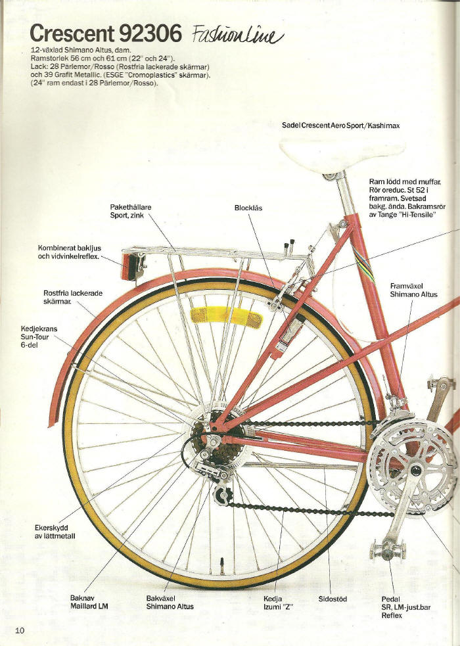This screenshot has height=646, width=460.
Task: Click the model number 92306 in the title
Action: pos(150,34)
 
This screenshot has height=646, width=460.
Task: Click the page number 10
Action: pos(20,630)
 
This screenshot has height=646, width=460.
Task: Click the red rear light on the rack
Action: pos(129,266)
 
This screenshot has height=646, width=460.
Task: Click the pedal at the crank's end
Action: pos(388,551)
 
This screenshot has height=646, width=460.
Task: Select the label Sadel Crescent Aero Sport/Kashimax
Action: pos(340,126)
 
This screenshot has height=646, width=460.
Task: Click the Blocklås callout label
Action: pos(248,208)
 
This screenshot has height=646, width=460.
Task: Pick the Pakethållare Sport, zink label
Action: pos(131,212)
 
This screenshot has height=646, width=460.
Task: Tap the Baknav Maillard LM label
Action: pos(89,603)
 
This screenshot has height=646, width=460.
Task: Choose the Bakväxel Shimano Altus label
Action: pos(170,603)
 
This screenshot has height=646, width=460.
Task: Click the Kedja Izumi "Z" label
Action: pos(278,603)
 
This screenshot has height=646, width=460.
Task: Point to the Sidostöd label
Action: pos(333,599)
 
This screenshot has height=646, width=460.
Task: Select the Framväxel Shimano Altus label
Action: pos(413,290)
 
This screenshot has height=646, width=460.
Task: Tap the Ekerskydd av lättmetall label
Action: pos(55,532)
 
